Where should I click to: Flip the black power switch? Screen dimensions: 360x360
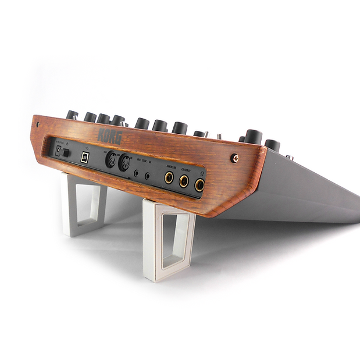point(66,152)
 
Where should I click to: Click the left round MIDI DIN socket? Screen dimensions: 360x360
point(110,159)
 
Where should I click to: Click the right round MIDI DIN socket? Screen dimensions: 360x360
point(124,163)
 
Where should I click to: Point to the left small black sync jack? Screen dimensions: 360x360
point(137,172)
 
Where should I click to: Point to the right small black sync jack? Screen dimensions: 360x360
point(147,174)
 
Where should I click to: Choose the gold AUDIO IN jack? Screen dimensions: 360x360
point(169,177)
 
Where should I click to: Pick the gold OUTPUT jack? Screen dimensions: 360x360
point(184,181)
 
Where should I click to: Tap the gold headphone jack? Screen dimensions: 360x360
point(199,185)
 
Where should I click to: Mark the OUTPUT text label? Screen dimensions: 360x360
point(184,169)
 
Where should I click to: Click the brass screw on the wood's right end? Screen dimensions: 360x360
point(236,158)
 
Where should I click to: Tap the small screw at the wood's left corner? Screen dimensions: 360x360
point(38,124)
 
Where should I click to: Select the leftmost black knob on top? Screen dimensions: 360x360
point(72,115)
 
